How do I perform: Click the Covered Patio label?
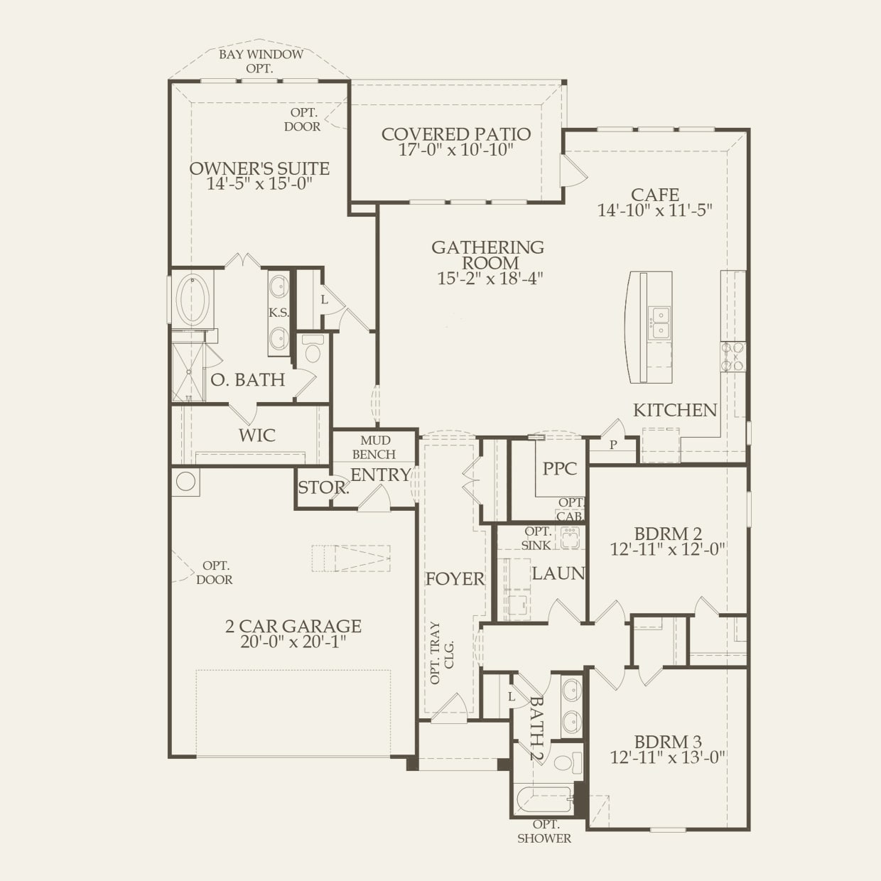coord(456,134)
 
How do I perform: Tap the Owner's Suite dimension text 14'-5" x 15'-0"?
coord(259,184)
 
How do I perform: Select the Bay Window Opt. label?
coord(261,61)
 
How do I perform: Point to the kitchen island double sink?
coord(661,323)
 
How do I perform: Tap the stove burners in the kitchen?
coord(733,357)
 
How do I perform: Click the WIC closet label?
coord(257,436)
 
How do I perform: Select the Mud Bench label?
coord(374,447)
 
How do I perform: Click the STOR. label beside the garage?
coord(323,487)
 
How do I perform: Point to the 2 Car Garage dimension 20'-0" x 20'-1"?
coord(293,642)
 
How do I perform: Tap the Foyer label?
coord(455,579)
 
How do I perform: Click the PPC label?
coord(560,468)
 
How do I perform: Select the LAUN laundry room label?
coord(558,573)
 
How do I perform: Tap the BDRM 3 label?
coord(668,742)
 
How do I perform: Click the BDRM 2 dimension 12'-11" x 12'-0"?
coord(668,549)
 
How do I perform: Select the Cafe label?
coord(654,195)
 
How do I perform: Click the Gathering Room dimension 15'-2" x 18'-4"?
coord(490,279)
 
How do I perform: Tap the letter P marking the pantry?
coord(613,444)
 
